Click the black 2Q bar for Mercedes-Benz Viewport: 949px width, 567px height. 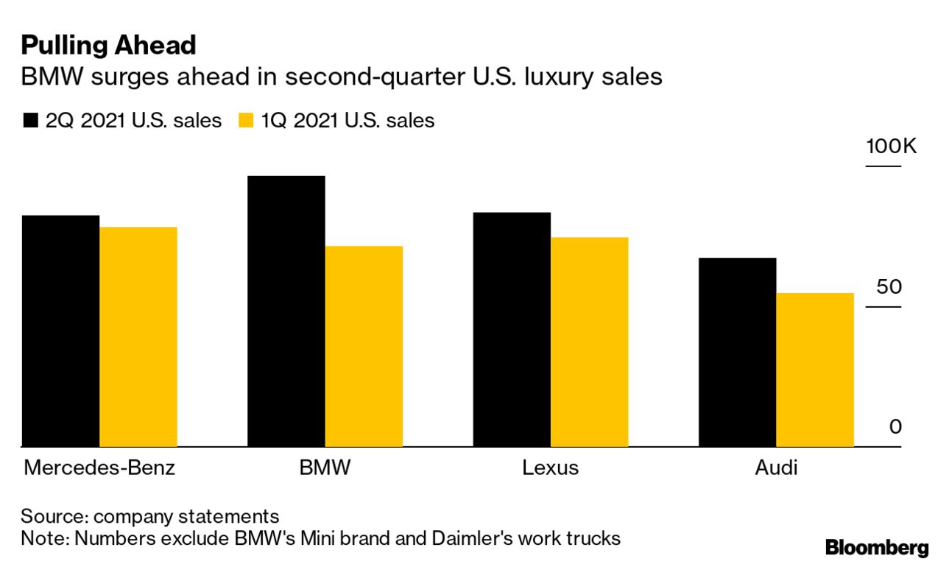pyautogui.click(x=60, y=331)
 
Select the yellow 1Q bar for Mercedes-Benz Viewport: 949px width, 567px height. pyautogui.click(x=138, y=337)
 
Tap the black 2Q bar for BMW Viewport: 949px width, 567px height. pyautogui.click(x=286, y=311)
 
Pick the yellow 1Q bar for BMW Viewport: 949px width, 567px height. pyautogui.click(x=364, y=347)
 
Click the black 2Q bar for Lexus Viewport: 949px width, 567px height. pyautogui.click(x=512, y=330)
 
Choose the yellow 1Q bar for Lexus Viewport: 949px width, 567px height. pyautogui.click(x=589, y=342)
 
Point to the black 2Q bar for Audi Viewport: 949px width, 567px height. pyautogui.click(x=737, y=353)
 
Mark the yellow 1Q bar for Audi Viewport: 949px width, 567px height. pyautogui.click(x=815, y=370)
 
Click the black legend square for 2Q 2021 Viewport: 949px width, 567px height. pyautogui.click(x=30, y=121)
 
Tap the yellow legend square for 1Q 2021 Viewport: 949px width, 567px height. pyautogui.click(x=246, y=121)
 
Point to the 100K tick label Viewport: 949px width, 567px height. pyautogui.click(x=891, y=146)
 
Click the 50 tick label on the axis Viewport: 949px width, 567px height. pyautogui.click(x=889, y=286)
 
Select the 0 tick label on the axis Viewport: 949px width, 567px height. pyautogui.click(x=895, y=427)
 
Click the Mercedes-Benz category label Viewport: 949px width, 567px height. pyautogui.click(x=99, y=468)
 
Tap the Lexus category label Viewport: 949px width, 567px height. pyautogui.click(x=550, y=468)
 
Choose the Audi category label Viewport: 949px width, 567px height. pyautogui.click(x=776, y=468)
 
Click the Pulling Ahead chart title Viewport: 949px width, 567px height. pyautogui.click(x=108, y=46)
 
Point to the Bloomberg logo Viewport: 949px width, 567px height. pyautogui.click(x=877, y=547)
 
